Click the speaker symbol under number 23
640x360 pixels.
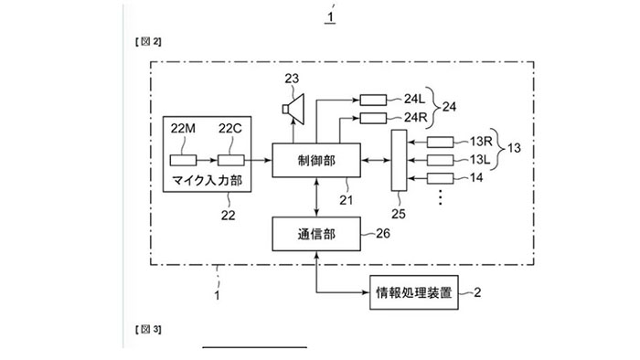coord(293,111)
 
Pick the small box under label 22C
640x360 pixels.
coord(229,160)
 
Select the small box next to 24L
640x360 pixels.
coord(373,100)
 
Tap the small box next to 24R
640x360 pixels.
coord(373,119)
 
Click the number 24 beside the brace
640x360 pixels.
coord(449,109)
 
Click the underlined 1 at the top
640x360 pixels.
coord(332,15)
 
